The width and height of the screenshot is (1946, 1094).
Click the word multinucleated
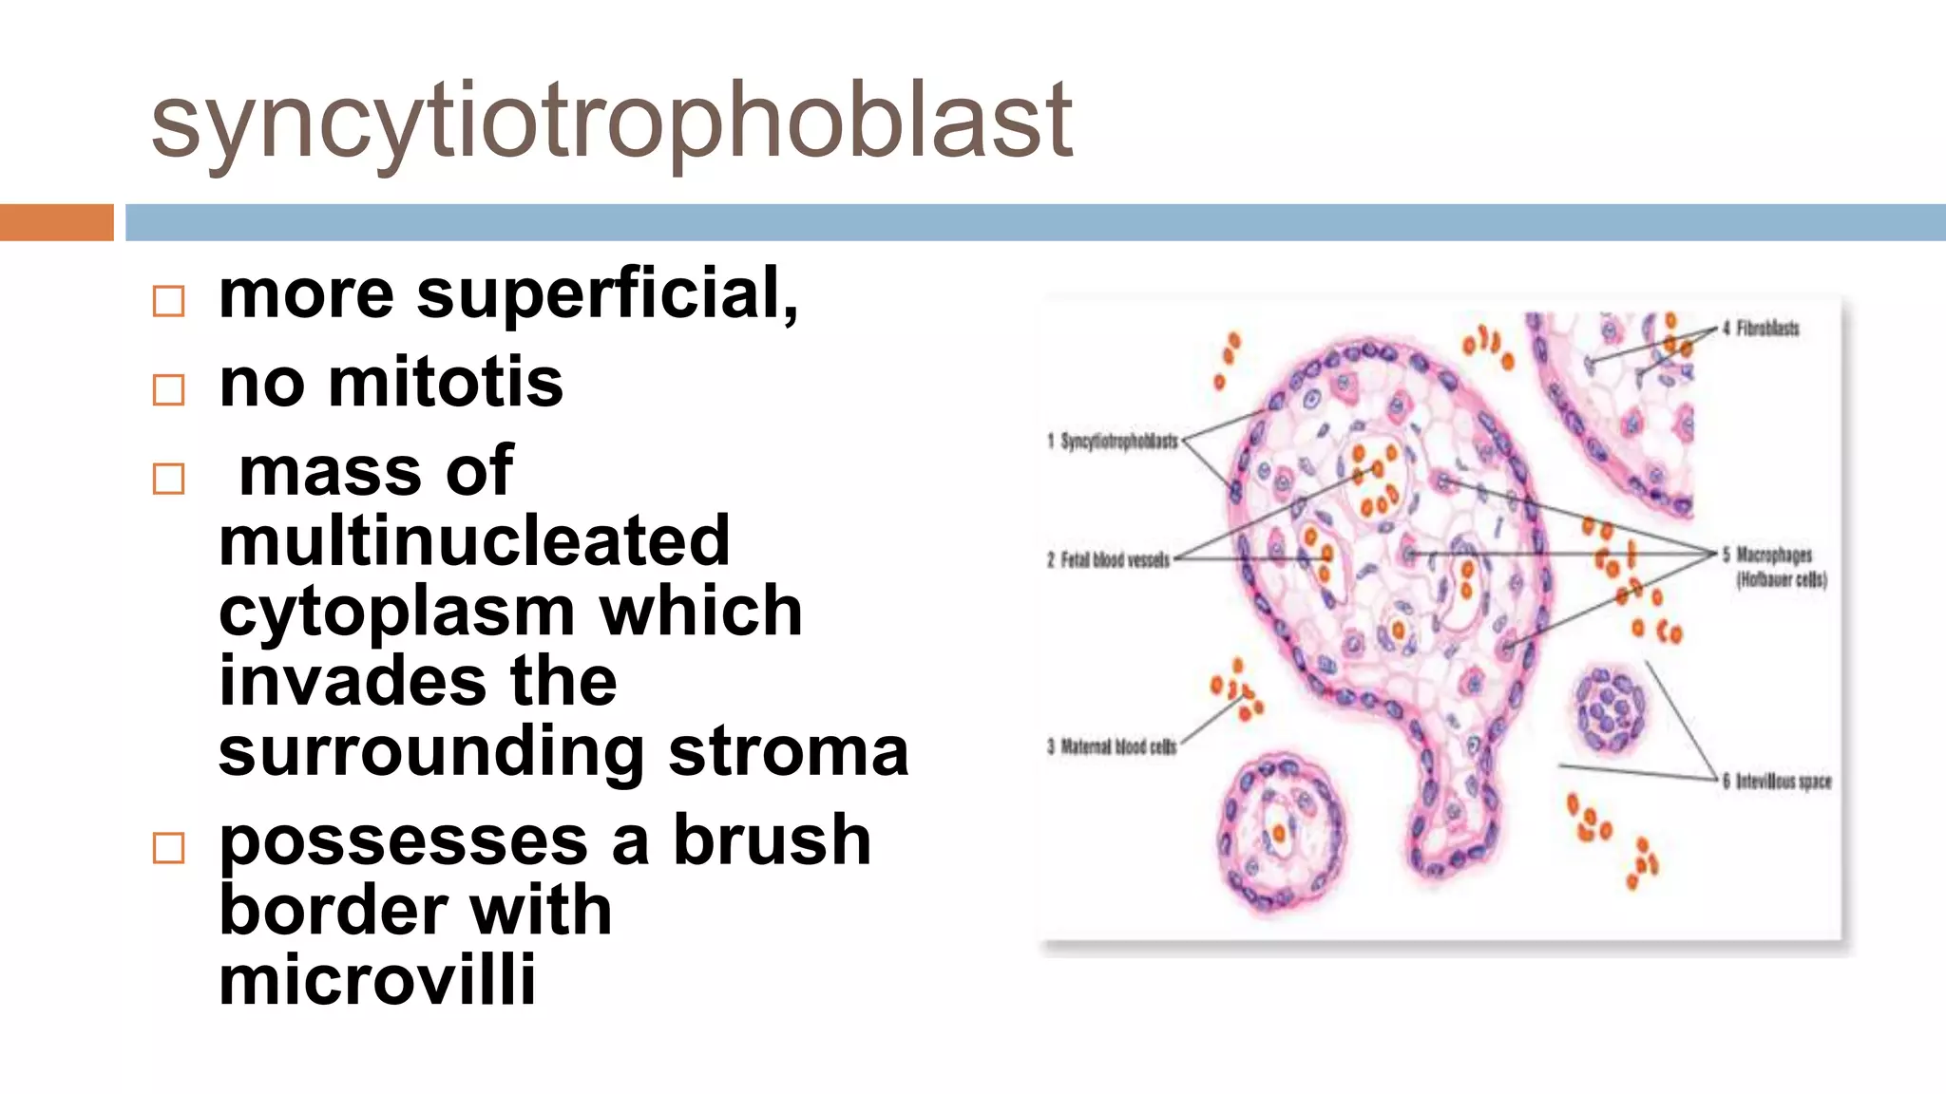pos(474,540)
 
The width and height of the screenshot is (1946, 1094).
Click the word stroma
pos(788,751)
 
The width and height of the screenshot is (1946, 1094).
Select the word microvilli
pos(377,979)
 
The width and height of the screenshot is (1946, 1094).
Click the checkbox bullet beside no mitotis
pos(169,389)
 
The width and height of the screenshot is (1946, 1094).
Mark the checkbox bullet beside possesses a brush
pos(169,847)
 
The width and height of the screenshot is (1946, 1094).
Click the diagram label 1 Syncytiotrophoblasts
pos(1113,441)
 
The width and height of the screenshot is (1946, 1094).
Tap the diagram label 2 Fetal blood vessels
pos(1109,560)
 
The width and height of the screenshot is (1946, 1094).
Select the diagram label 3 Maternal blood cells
pos(1113,746)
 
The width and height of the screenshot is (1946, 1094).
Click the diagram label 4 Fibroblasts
pos(1761,329)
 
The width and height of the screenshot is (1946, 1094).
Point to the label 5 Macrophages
pos(1774,555)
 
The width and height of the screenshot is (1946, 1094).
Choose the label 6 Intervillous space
pos(1777,782)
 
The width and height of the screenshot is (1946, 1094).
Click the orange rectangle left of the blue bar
pos(56,222)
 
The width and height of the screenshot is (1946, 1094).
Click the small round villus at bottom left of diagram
pos(1282,833)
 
